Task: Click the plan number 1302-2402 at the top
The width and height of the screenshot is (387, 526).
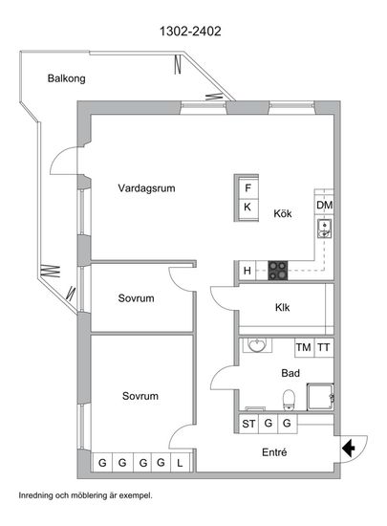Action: (190, 32)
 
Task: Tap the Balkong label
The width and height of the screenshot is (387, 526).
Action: (66, 78)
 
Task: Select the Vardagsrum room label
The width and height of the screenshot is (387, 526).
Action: (146, 187)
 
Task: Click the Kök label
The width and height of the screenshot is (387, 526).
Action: (283, 213)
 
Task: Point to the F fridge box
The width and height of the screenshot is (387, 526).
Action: (247, 187)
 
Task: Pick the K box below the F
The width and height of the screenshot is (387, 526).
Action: (247, 208)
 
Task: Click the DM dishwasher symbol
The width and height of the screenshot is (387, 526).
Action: (324, 205)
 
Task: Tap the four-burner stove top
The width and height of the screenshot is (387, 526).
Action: (278, 271)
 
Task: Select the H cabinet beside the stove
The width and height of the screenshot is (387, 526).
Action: (247, 271)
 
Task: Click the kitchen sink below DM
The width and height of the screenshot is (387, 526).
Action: (324, 229)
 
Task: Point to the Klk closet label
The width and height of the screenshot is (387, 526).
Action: (282, 307)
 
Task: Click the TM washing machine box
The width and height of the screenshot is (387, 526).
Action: (304, 347)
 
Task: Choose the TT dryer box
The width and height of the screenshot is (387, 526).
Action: (324, 347)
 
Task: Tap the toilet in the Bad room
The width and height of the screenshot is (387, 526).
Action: (289, 400)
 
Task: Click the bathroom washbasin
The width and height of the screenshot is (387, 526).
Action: (257, 345)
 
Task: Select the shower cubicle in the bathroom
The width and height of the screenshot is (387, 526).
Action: (320, 397)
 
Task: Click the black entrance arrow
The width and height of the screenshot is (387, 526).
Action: (349, 448)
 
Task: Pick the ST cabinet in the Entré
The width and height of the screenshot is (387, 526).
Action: (248, 424)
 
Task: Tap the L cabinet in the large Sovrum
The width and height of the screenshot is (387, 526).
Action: (180, 463)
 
